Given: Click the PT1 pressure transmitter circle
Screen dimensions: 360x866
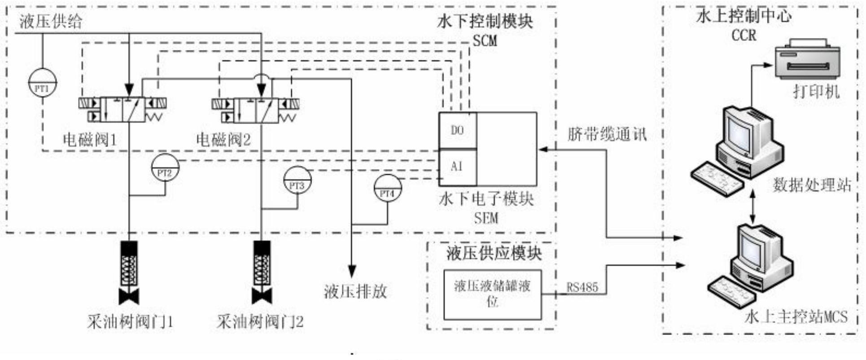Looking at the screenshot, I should (x=42, y=83).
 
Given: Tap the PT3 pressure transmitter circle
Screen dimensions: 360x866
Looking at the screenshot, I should (x=297, y=180).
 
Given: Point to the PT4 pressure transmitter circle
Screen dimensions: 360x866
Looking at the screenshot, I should (x=387, y=188).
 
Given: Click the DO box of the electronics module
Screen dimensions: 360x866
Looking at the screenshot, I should (x=457, y=130).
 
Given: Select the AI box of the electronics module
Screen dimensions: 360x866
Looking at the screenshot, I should (x=457, y=167).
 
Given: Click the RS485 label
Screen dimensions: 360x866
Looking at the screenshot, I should (x=582, y=287).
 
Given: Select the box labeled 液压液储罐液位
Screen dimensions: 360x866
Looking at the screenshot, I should (x=492, y=294).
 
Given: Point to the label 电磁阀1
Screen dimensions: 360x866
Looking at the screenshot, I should (x=90, y=140).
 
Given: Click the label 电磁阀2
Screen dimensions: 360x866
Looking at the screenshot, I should (x=223, y=140).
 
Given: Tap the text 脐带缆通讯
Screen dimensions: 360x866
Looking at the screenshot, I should (x=607, y=134).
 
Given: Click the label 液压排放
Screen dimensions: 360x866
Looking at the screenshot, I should (x=355, y=292).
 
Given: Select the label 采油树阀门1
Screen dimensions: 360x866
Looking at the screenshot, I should (x=130, y=322).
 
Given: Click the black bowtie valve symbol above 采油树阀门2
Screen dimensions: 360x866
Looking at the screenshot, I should (x=262, y=297).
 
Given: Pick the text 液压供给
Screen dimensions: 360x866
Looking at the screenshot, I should (x=51, y=21).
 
